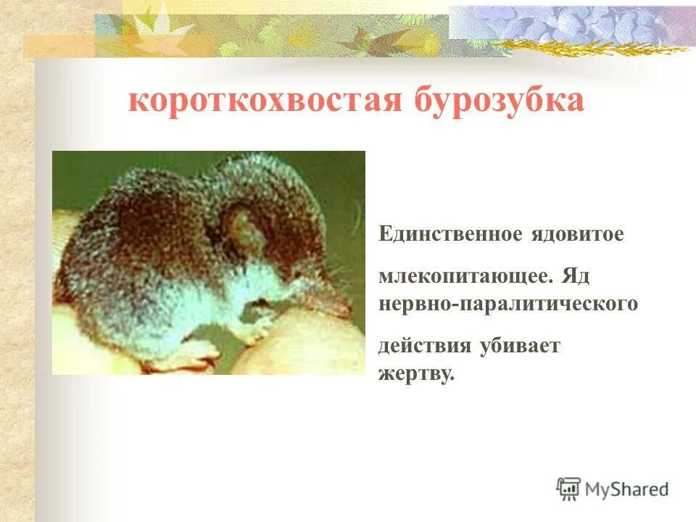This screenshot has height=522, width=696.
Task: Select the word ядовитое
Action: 578,235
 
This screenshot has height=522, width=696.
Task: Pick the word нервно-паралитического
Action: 508,304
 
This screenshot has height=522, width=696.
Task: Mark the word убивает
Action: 519,346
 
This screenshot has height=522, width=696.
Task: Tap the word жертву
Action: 416,374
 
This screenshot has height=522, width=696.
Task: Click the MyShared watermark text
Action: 627,489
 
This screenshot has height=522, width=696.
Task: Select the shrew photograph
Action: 209,262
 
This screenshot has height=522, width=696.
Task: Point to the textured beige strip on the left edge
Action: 16,290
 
